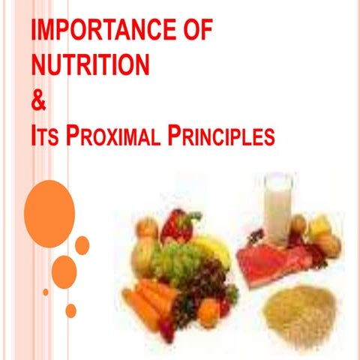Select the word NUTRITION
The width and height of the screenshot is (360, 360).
click(91, 66)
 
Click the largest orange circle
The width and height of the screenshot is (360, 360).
click(49, 203)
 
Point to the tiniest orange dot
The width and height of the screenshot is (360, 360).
click(46, 292)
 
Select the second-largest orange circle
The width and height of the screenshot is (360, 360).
click(64, 272)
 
